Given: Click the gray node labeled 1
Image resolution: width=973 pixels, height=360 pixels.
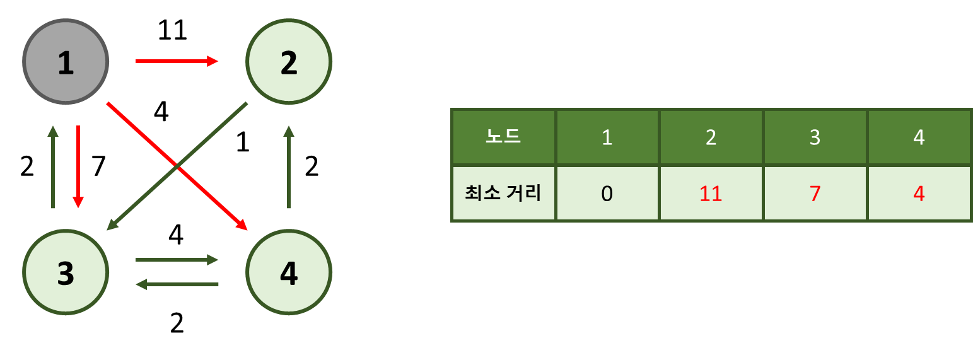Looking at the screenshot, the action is click(x=66, y=62).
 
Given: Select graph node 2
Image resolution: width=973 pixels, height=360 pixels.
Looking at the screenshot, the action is click(x=288, y=62).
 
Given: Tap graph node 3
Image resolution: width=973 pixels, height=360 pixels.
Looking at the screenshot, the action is click(x=66, y=272).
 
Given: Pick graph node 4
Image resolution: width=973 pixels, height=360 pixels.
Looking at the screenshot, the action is click(x=288, y=272).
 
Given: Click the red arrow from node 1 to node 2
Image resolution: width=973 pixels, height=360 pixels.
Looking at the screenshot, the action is click(x=177, y=61).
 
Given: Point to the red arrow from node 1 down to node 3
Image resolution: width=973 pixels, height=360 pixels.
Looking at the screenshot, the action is click(x=78, y=166).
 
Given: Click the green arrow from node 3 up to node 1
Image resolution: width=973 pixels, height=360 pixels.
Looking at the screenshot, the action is click(x=53, y=166).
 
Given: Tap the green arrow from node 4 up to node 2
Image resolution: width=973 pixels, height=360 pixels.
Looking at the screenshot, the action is click(x=288, y=166).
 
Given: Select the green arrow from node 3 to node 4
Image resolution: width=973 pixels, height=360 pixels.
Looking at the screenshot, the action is click(x=177, y=259).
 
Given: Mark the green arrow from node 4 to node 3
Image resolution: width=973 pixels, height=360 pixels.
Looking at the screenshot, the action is click(x=177, y=284).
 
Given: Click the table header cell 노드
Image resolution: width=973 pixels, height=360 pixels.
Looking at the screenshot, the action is click(x=503, y=137).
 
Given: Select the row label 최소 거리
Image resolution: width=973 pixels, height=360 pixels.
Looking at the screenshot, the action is click(x=503, y=193).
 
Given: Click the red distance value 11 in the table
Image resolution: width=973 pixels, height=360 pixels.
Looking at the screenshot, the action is click(x=711, y=194).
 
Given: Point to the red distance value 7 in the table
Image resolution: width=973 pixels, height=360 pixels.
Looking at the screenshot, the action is click(x=815, y=194).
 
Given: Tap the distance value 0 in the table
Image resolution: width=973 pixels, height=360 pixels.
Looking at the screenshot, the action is click(x=607, y=194).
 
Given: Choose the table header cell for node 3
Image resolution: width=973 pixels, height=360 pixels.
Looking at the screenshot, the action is click(x=815, y=137).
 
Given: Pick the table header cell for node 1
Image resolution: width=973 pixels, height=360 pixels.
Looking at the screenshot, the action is click(x=607, y=137).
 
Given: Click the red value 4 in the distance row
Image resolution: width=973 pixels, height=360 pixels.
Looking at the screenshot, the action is click(x=919, y=194).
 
